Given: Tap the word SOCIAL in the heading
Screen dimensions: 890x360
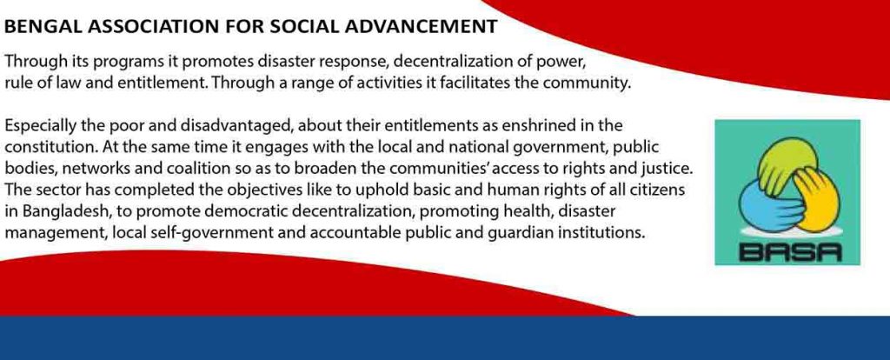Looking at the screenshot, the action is pos(306,26).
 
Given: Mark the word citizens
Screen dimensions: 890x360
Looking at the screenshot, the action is pos(661,190).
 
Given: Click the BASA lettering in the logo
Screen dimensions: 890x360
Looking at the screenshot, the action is pos(787,250).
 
